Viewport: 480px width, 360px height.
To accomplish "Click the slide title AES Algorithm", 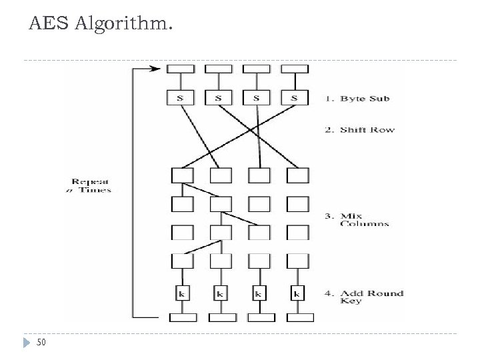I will tap(100, 26).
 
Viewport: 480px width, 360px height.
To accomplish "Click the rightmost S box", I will tap(295, 98).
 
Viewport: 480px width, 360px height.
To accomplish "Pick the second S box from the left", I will tap(219, 98).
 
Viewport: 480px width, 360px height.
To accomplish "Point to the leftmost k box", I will tap(182, 293).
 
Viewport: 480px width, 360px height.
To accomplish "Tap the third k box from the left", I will tap(259, 293).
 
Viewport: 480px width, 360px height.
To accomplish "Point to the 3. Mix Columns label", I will tap(363, 219).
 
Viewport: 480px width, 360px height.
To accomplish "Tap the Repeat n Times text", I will tap(92, 185).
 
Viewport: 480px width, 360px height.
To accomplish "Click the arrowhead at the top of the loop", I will tap(157, 68).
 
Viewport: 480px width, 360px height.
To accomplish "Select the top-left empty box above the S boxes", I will tap(181, 69).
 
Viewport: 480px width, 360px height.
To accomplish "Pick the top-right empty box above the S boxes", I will tap(295, 69).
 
